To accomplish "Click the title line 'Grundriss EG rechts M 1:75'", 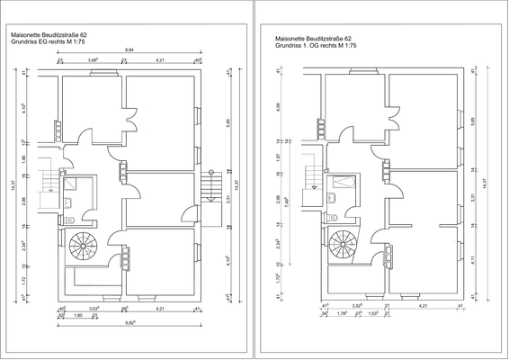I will click(x=59, y=41).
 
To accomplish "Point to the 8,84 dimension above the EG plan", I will click(x=129, y=49).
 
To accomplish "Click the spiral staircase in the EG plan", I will click(x=87, y=243).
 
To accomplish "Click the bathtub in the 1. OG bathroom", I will click(x=344, y=182).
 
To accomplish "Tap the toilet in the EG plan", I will click(x=68, y=219).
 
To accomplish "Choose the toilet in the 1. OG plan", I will click(x=331, y=211).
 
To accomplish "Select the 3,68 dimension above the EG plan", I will click(x=93, y=59).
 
